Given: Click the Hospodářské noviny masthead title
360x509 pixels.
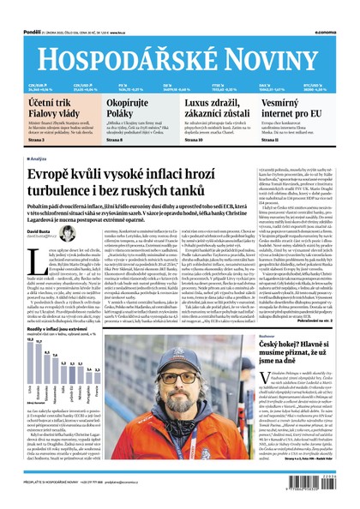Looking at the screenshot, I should [x=180, y=49].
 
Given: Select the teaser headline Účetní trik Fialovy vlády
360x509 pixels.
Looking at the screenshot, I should [x=48, y=109].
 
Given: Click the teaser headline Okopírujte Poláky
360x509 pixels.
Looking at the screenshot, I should [x=128, y=109].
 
